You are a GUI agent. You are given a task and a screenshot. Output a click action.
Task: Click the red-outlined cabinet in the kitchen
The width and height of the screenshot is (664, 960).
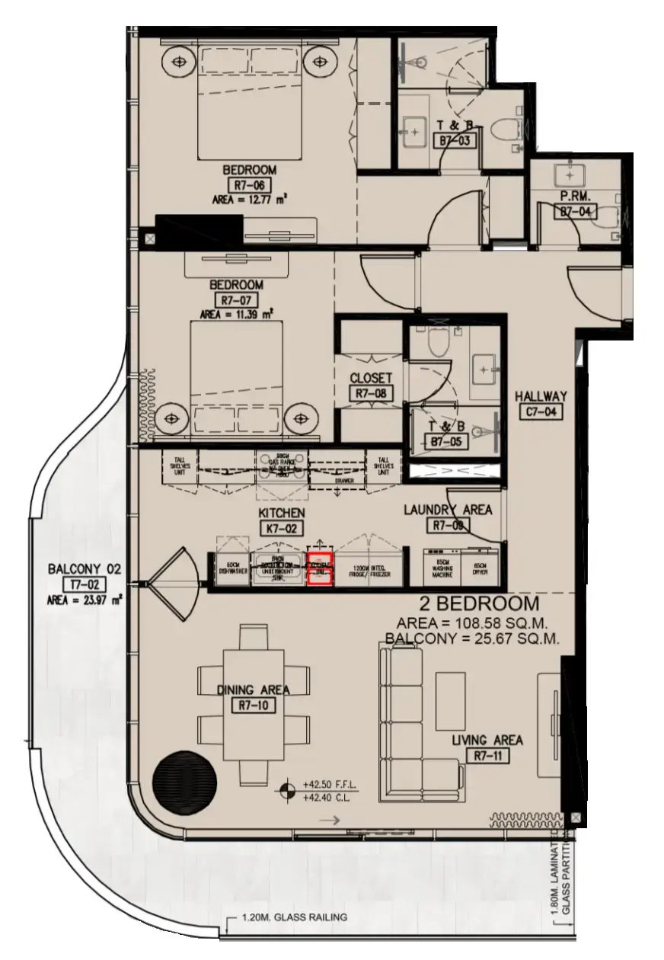(320, 569)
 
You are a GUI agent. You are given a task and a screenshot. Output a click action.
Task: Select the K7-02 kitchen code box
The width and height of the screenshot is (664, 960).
(281, 526)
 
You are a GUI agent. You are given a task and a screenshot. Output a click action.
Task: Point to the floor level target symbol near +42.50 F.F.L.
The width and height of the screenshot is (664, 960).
(288, 790)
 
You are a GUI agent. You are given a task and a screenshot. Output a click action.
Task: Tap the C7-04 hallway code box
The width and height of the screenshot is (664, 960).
(541, 412)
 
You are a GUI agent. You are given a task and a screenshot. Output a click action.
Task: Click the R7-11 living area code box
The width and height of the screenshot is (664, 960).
(487, 756)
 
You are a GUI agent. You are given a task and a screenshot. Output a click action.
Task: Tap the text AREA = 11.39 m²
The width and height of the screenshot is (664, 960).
(237, 314)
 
